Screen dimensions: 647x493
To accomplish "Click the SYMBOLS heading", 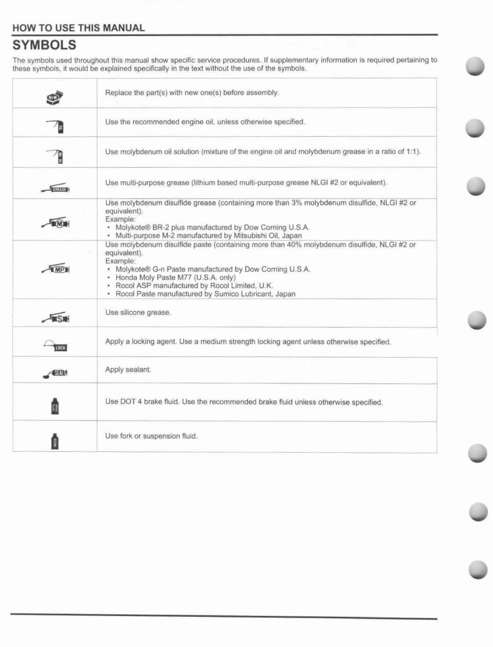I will pyautogui.click(x=44, y=44).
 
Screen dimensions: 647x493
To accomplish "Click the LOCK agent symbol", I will pyautogui.click(x=55, y=346).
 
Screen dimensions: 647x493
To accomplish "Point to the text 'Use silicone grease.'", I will pyautogui.click(x=138, y=312).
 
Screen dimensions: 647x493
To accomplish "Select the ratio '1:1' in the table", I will pyautogui.click(x=412, y=151).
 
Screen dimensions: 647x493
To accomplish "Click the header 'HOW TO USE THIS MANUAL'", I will pyautogui.click(x=78, y=28).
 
